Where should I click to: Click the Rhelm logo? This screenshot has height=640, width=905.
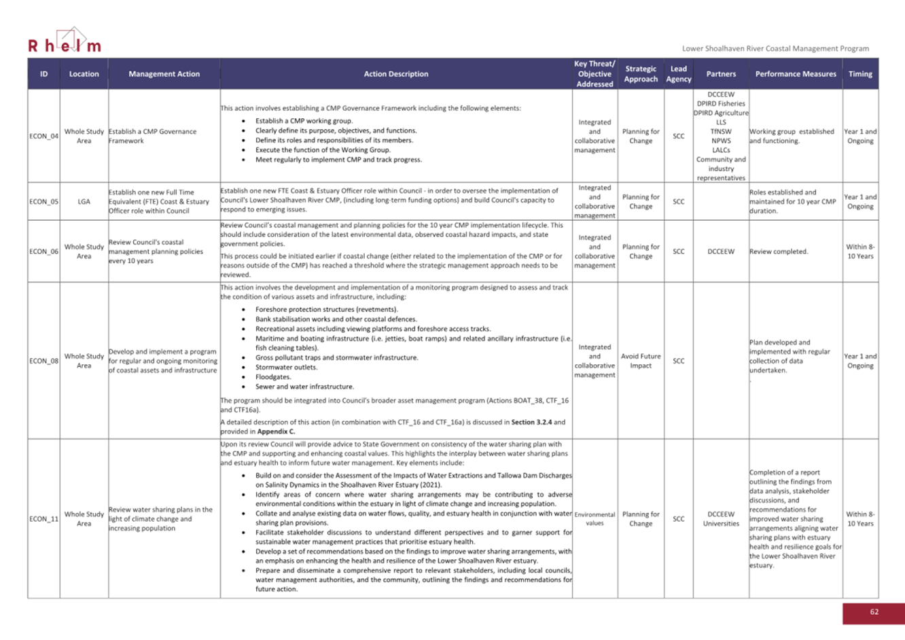click(x=65, y=41)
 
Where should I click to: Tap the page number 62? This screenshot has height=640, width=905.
click(x=874, y=612)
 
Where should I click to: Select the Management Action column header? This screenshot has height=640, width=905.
click(x=164, y=74)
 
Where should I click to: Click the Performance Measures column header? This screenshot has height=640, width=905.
click(x=795, y=74)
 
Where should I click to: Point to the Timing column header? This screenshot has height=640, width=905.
click(x=859, y=74)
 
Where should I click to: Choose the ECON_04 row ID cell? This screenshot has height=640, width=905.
click(x=43, y=136)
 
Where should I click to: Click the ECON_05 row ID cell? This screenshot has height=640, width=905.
click(x=43, y=201)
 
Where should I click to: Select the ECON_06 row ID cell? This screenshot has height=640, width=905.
click(x=43, y=251)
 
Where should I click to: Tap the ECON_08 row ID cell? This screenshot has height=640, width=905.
click(x=43, y=361)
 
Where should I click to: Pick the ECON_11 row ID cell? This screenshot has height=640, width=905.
click(x=43, y=519)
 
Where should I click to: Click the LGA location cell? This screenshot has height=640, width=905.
click(x=84, y=201)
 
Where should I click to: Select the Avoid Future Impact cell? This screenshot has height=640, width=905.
click(x=640, y=361)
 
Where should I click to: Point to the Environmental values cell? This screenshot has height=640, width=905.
click(x=595, y=519)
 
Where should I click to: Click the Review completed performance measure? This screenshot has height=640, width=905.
click(x=779, y=251)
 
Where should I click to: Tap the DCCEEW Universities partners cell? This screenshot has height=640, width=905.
click(x=720, y=519)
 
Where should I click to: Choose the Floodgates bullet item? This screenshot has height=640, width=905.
click(x=273, y=377)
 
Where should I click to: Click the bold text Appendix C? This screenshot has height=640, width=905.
click(x=276, y=431)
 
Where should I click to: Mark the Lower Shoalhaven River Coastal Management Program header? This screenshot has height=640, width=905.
click(x=775, y=48)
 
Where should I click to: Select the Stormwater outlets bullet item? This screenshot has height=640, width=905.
click(x=286, y=368)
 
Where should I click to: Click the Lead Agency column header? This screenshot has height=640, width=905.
click(x=678, y=74)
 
